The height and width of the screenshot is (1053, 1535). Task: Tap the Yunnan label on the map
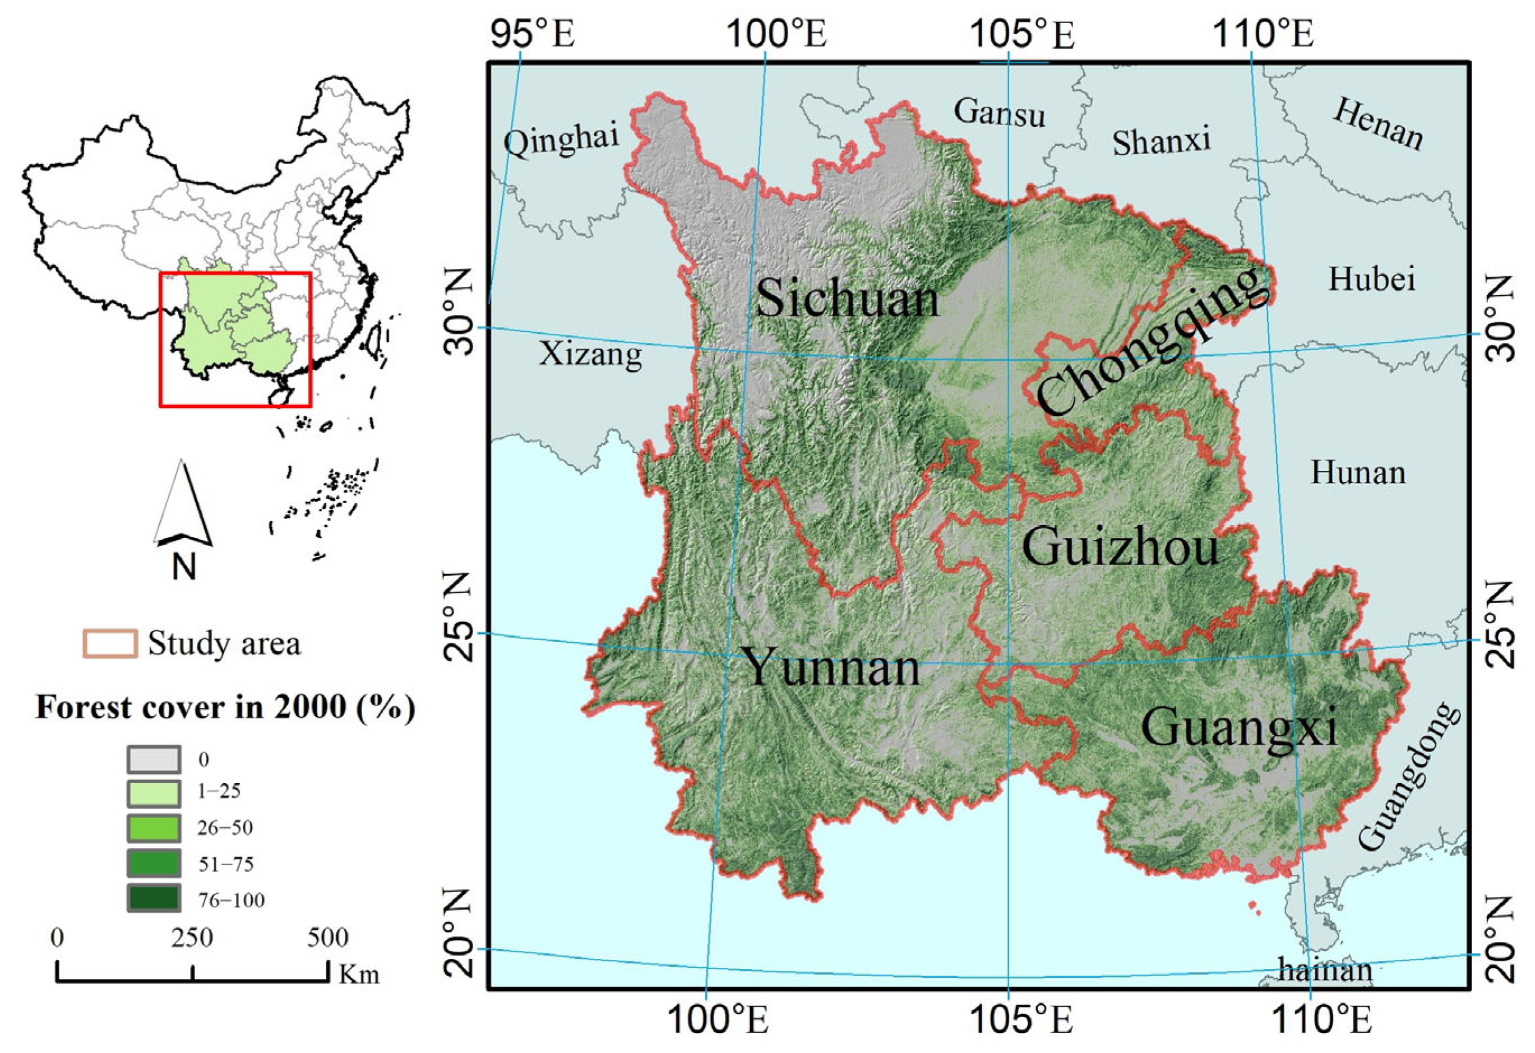[831, 667]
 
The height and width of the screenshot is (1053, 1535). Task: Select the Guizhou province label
[1120, 548]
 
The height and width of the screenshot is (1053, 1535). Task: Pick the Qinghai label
[561, 140]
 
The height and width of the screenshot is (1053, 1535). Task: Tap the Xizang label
[590, 355]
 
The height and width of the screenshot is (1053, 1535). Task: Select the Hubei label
[1372, 279]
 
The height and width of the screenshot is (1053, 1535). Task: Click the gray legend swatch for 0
[153, 760]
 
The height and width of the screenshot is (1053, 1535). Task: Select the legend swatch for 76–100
[153, 898]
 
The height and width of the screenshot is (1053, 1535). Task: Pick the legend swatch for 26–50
[153, 828]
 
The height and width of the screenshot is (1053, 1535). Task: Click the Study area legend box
[110, 643]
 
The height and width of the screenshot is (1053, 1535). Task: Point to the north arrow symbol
[182, 505]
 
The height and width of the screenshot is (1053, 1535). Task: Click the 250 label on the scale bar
[192, 938]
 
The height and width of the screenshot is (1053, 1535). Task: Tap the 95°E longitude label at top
[533, 34]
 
